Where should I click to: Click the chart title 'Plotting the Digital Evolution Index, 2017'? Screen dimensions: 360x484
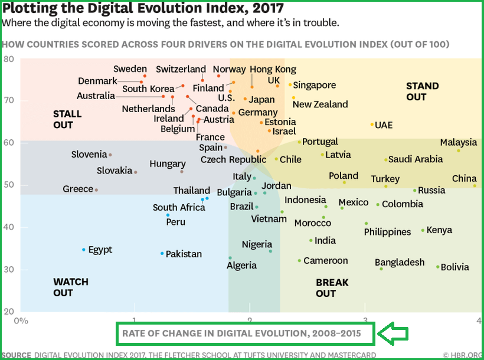click(x=143, y=9)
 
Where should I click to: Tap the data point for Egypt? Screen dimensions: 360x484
click(x=84, y=250)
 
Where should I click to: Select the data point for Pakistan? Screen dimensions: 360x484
click(x=162, y=254)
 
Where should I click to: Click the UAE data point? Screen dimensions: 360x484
click(x=372, y=125)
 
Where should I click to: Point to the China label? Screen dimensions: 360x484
click(x=464, y=179)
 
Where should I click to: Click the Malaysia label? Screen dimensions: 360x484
click(x=458, y=142)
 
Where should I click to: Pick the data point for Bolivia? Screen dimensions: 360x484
click(x=438, y=267)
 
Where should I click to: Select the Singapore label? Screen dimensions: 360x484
click(x=314, y=85)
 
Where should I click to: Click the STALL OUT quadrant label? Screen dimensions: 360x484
click(x=67, y=119)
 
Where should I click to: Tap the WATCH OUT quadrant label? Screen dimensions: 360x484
click(x=71, y=287)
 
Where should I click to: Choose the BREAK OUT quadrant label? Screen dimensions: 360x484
click(x=332, y=287)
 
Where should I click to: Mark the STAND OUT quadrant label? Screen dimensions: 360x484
click(x=422, y=91)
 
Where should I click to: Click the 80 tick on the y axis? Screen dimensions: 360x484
click(x=9, y=59)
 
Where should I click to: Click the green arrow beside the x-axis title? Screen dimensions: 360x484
click(x=393, y=333)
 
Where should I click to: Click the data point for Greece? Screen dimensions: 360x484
click(x=96, y=190)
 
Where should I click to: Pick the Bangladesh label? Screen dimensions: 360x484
click(x=400, y=262)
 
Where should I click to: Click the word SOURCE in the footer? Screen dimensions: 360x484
click(x=16, y=355)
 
